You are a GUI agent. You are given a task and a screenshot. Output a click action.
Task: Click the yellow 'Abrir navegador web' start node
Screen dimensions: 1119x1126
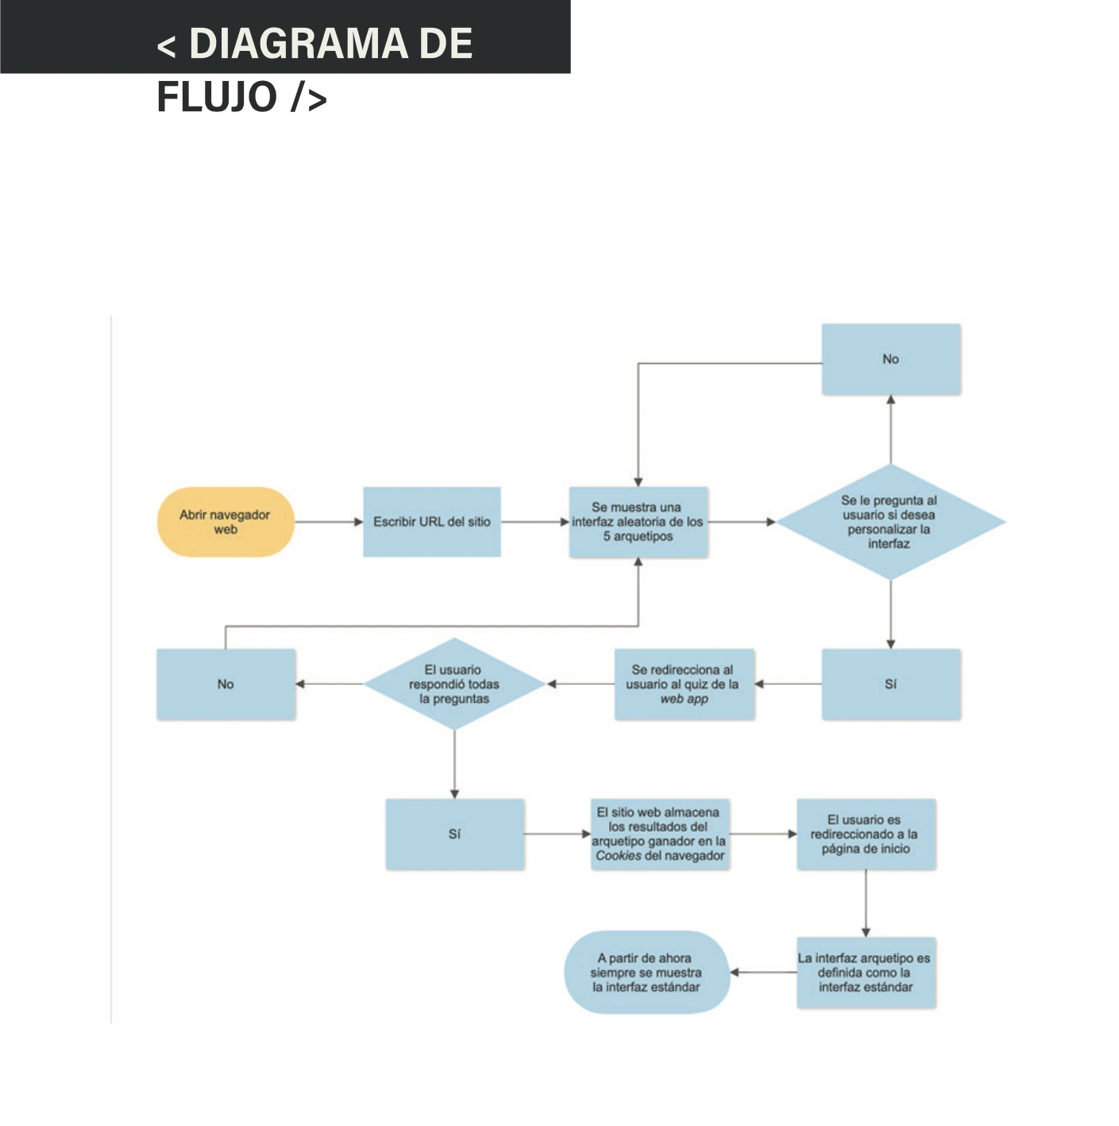(226, 521)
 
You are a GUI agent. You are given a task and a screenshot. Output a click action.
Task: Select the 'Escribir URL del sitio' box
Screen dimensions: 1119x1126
(431, 521)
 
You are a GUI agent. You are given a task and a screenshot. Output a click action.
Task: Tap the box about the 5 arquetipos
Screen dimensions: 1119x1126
(639, 521)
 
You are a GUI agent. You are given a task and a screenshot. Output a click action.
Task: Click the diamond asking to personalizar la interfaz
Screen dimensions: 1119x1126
(890, 521)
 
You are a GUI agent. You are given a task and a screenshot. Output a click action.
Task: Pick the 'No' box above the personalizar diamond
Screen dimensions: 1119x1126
(890, 358)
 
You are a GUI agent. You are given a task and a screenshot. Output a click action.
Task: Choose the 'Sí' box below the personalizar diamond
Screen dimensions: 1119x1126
(890, 683)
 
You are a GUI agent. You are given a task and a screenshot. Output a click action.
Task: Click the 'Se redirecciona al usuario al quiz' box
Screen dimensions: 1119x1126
(684, 683)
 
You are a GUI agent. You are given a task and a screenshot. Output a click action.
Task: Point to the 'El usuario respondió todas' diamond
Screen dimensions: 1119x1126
(454, 683)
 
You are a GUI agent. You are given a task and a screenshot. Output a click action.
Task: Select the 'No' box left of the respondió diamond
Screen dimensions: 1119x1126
(226, 683)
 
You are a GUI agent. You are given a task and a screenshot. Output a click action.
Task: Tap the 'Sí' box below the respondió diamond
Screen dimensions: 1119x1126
(454, 834)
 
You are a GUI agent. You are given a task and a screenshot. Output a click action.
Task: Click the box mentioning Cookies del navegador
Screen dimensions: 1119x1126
(660, 834)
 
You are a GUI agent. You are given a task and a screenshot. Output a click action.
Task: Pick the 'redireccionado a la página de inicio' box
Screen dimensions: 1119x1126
(866, 834)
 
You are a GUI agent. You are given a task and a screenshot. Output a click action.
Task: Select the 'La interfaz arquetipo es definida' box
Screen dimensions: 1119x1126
(866, 973)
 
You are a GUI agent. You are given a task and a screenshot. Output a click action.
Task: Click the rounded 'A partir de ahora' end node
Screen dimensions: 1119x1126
(646, 973)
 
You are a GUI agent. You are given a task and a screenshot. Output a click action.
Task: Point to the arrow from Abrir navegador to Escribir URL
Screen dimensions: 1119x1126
(329, 522)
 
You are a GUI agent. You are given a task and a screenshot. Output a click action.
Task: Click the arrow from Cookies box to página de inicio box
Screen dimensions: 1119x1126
(763, 834)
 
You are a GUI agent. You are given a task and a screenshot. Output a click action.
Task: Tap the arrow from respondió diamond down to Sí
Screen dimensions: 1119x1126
(454, 764)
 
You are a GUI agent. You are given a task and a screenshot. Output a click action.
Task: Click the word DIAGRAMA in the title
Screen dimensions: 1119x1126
(299, 44)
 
